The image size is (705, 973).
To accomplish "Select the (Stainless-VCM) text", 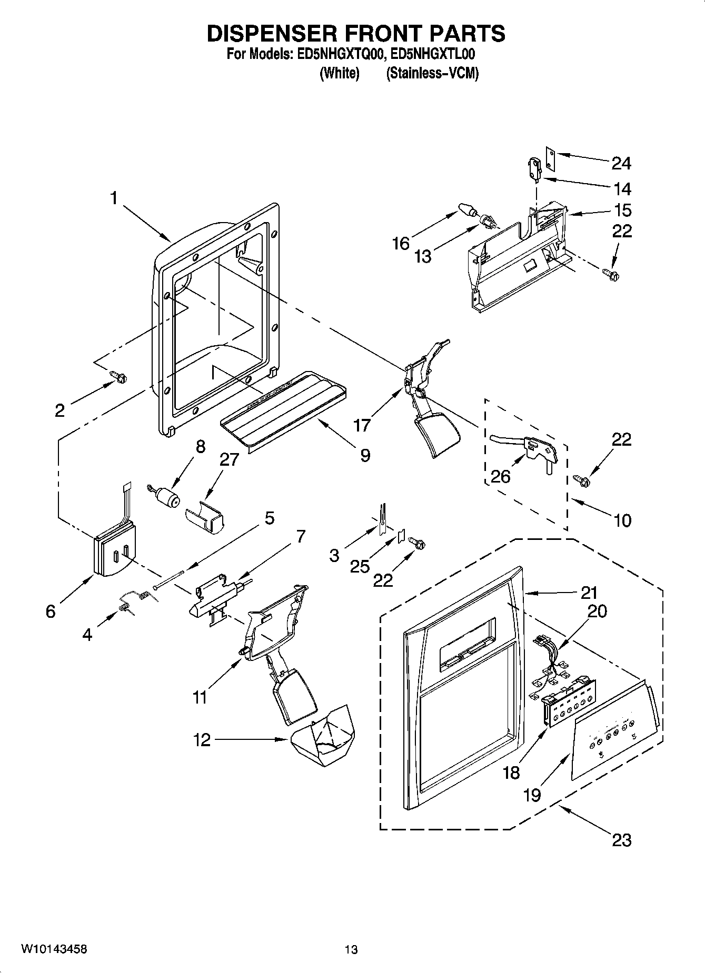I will (x=432, y=73).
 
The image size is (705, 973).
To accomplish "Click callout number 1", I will (x=114, y=198).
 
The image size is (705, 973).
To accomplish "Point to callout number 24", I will (x=621, y=163).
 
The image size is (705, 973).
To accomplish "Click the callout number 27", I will (x=230, y=459).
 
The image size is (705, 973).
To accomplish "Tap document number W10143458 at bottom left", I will (x=54, y=949).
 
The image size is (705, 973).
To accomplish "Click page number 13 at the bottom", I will (x=351, y=949).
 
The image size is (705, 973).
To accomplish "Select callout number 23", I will (x=621, y=840).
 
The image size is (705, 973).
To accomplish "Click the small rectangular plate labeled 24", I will (x=550, y=158).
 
